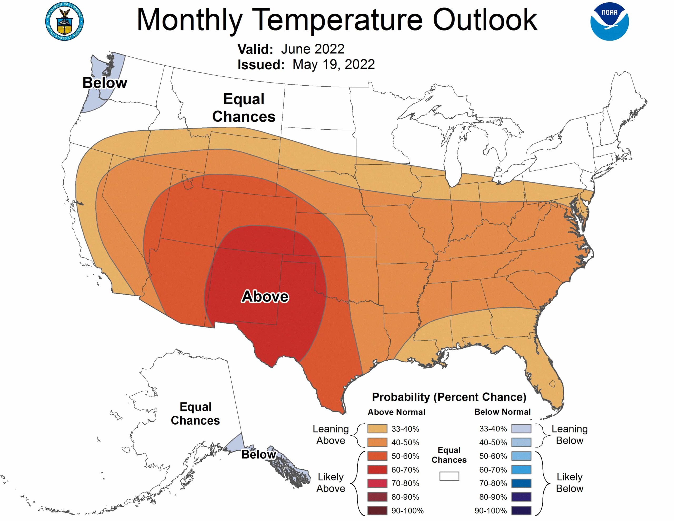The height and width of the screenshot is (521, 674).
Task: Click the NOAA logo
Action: pyautogui.click(x=609, y=21)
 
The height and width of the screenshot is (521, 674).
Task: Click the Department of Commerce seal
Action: pyautogui.click(x=64, y=21)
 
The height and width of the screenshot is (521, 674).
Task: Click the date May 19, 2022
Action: pyautogui.click(x=333, y=65)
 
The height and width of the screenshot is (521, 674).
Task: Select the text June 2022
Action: pyautogui.click(x=312, y=49)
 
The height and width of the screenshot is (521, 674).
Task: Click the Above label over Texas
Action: pyautogui.click(x=265, y=297)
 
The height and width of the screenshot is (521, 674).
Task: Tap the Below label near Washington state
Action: pyautogui.click(x=105, y=83)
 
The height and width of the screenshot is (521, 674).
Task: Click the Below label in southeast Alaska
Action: pyautogui.click(x=258, y=454)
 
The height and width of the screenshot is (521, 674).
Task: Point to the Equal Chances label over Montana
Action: pyautogui.click(x=244, y=108)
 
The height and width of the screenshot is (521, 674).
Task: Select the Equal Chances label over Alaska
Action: pyautogui.click(x=195, y=414)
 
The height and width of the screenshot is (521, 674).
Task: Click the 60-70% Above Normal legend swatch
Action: pyautogui.click(x=377, y=470)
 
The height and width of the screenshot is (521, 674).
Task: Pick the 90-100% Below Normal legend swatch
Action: pyautogui.click(x=521, y=510)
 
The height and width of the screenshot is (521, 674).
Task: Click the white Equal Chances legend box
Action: pyautogui.click(x=449, y=476)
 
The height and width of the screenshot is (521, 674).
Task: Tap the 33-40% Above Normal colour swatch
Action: pyautogui.click(x=377, y=429)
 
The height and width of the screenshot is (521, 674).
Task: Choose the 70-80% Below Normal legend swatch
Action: pyautogui.click(x=521, y=483)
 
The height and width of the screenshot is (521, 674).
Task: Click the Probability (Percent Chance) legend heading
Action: pyautogui.click(x=449, y=397)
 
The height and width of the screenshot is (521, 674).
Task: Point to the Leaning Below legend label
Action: pyautogui.click(x=569, y=435)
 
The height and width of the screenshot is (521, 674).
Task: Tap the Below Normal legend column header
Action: pyautogui.click(x=502, y=412)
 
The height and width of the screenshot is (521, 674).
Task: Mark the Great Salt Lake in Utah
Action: pyautogui.click(x=188, y=184)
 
